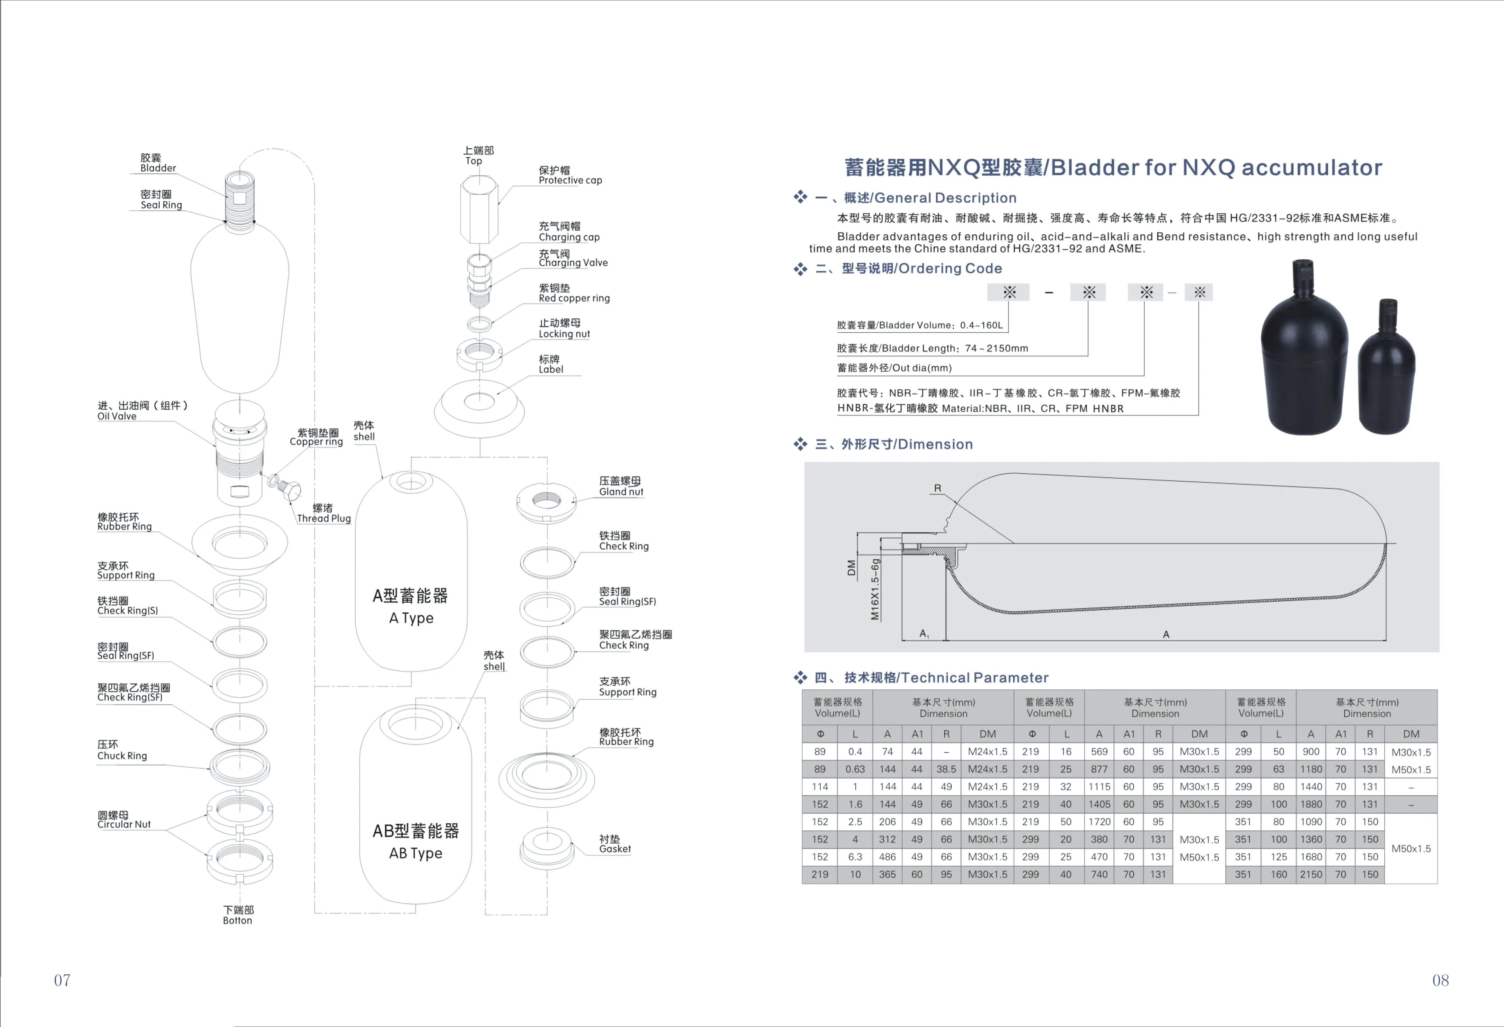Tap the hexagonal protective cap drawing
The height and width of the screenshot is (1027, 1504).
coord(479,210)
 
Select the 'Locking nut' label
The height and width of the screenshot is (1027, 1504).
coord(564,334)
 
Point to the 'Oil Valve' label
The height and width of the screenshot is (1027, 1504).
coord(117,416)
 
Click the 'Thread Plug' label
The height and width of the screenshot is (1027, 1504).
coord(323,518)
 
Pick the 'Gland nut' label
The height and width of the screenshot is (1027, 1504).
coord(621,492)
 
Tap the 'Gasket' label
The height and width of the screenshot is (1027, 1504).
coord(614,849)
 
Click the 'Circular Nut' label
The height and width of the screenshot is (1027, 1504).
coord(123,824)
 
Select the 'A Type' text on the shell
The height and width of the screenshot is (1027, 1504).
coord(411,618)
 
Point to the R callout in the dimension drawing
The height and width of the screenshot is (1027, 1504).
coord(937,488)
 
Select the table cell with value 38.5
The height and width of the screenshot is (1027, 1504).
coord(946,769)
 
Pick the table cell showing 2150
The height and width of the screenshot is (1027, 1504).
coord(1311,874)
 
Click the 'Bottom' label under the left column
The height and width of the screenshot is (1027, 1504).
coord(237,920)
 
